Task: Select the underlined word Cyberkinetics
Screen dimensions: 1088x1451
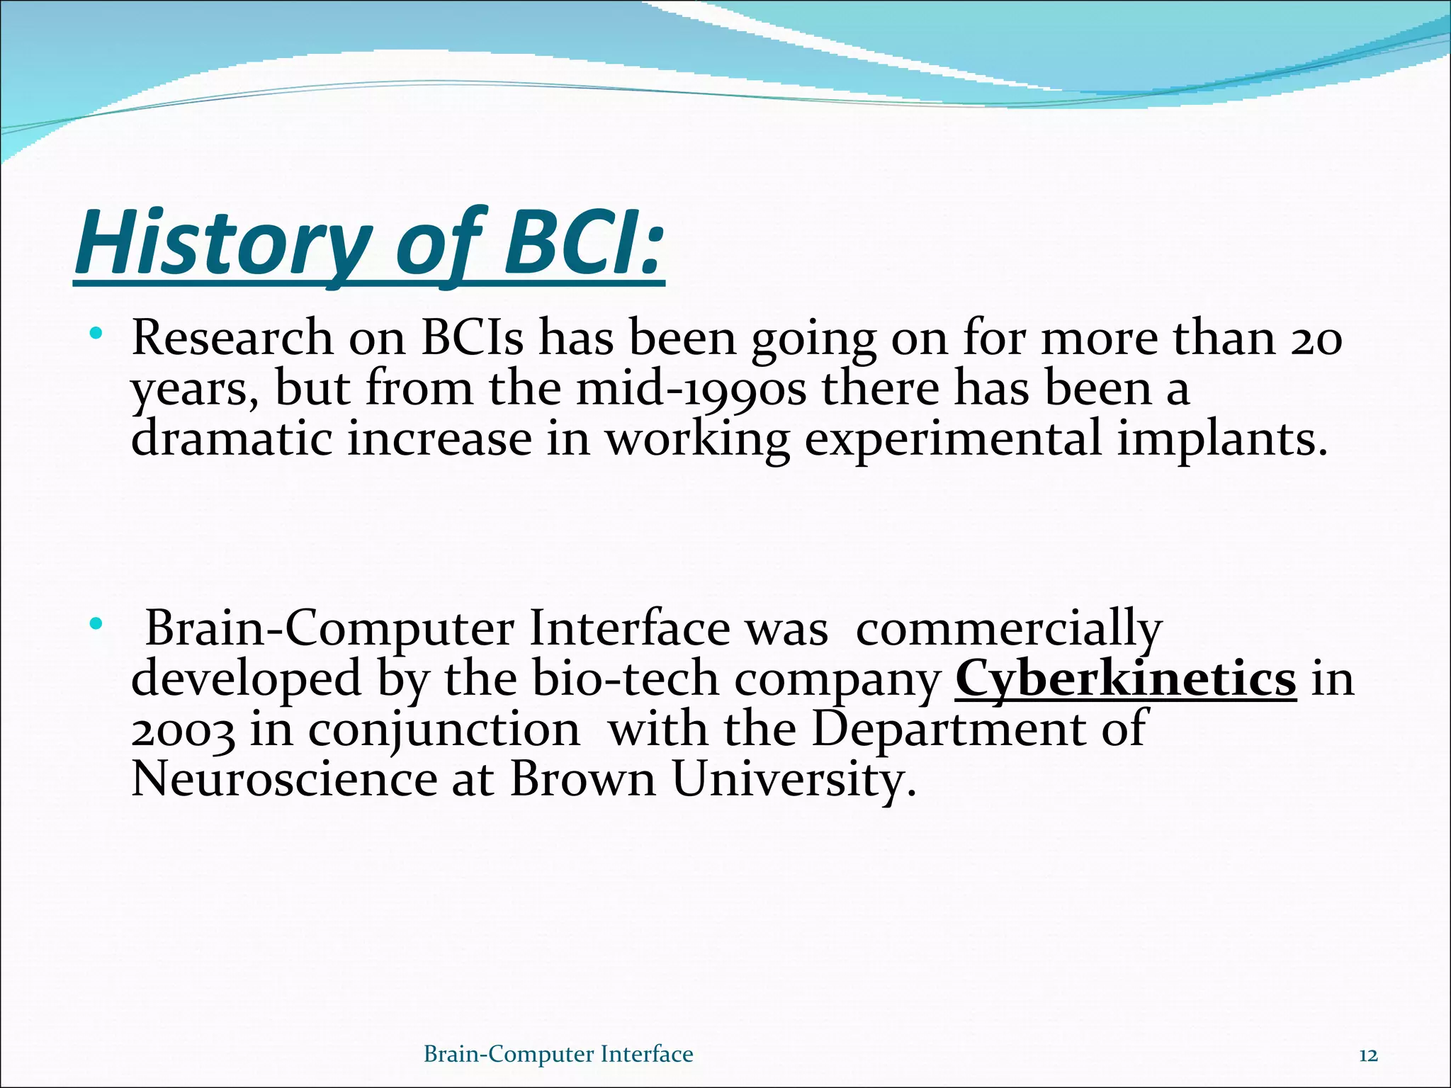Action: [1125, 679]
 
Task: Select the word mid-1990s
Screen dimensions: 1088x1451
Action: [691, 390]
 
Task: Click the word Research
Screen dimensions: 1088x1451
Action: [232, 339]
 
